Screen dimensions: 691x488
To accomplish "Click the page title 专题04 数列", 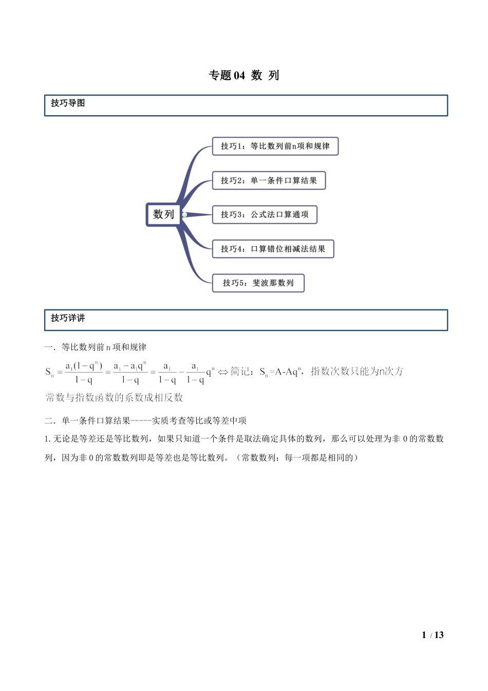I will tap(244, 76).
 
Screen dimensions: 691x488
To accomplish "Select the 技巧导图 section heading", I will tap(68, 103).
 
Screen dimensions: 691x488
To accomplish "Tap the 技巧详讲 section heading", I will tap(68, 318).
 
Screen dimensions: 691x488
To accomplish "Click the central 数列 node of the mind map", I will tap(163, 214).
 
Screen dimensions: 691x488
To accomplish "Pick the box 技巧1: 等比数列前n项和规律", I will tap(275, 146).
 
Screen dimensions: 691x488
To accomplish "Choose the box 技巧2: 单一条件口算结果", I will tap(269, 180).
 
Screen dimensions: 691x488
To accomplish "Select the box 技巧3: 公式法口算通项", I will tap(265, 214).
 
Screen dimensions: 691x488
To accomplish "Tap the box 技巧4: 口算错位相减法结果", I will tap(273, 249).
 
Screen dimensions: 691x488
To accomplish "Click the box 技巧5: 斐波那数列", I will tap(258, 283).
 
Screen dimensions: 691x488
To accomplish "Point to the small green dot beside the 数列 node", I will tap(184, 214).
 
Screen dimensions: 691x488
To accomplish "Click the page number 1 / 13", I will tap(433, 635).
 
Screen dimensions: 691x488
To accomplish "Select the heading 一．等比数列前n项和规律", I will tap(96, 348).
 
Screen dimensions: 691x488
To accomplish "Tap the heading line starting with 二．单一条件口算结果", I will tap(145, 421).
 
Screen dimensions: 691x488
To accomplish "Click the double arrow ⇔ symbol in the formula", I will tap(223, 372).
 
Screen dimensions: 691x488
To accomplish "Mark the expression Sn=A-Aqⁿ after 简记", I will tap(281, 372).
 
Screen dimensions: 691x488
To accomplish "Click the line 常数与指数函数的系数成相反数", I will tap(114, 397).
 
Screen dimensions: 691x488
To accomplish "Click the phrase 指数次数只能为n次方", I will tap(357, 371).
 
